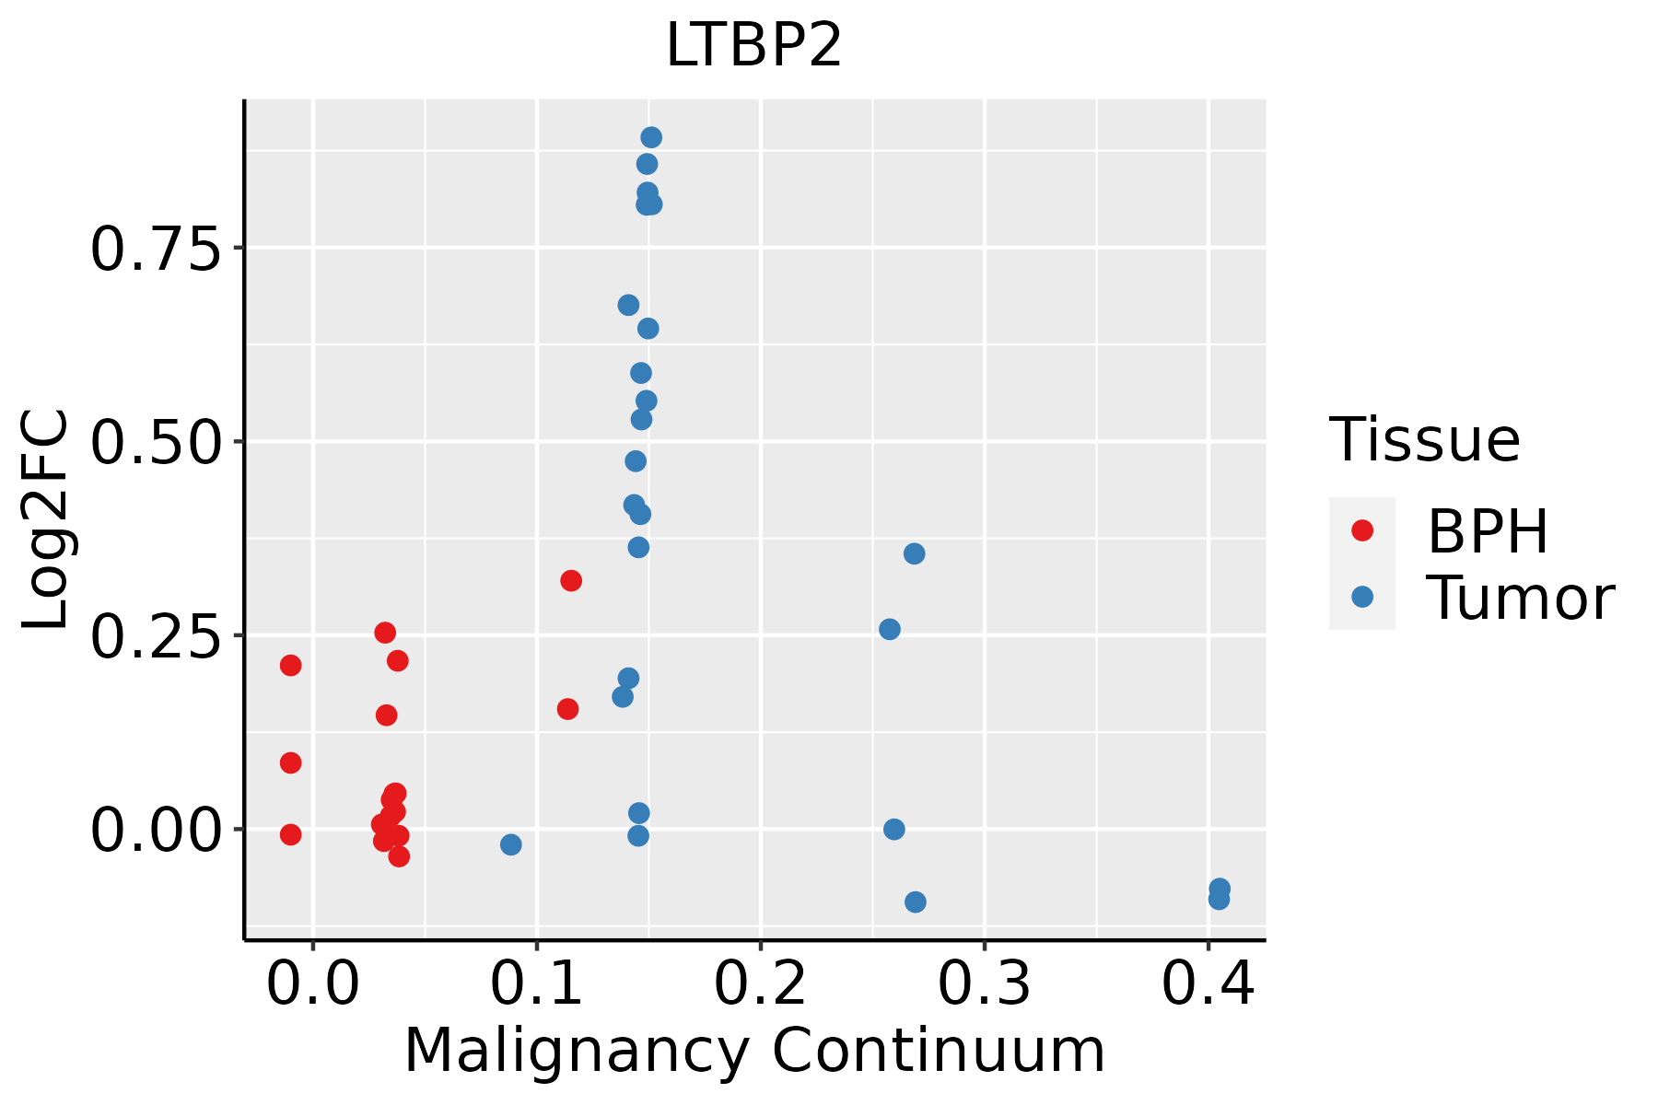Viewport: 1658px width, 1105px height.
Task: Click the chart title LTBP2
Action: (x=753, y=46)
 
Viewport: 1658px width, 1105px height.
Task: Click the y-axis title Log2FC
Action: (x=46, y=520)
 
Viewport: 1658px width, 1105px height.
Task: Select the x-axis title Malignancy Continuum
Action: (x=753, y=1052)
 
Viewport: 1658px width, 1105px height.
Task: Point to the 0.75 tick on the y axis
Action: (x=156, y=250)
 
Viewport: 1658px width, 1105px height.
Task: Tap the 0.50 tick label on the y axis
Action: (x=156, y=443)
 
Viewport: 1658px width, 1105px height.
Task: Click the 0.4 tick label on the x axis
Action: (x=1208, y=984)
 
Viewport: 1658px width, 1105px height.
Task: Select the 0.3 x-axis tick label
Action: (x=984, y=984)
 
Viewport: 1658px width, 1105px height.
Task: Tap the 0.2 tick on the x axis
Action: (x=761, y=984)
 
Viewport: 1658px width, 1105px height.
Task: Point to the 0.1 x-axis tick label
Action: (x=537, y=984)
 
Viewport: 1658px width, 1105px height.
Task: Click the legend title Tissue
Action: (x=1424, y=440)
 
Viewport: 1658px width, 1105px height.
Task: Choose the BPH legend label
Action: (x=1487, y=531)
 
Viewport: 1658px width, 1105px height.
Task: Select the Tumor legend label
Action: (x=1520, y=599)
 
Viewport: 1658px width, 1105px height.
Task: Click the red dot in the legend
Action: (x=1361, y=530)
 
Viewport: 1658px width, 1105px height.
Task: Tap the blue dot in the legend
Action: (x=1361, y=597)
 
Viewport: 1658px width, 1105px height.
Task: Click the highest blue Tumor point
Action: (x=651, y=138)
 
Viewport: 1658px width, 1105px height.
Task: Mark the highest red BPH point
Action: (x=571, y=581)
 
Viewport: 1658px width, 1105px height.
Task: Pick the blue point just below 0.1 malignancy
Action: (x=511, y=844)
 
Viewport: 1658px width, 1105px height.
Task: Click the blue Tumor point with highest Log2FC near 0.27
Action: (x=914, y=553)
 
